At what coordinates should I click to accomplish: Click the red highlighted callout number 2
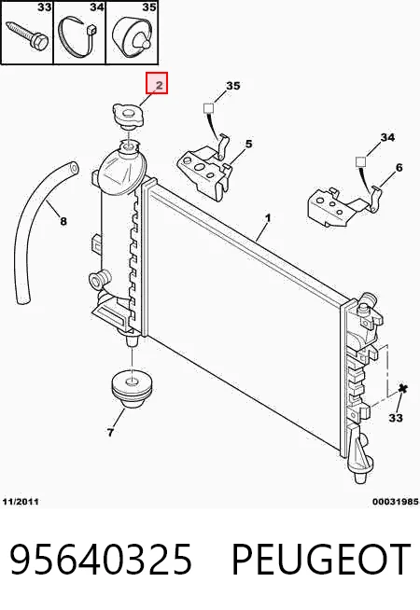(x=157, y=83)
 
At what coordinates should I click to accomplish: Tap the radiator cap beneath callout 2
(x=128, y=116)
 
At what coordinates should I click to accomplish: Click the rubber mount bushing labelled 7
(x=131, y=390)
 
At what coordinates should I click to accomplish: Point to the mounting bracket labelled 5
(x=203, y=168)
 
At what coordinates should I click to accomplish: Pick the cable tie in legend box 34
(x=77, y=37)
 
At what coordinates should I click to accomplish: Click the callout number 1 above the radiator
(x=268, y=218)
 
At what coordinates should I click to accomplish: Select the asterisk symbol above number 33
(x=403, y=389)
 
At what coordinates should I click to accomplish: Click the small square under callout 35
(x=209, y=108)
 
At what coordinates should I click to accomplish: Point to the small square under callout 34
(x=361, y=161)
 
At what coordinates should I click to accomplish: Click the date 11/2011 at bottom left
(x=21, y=502)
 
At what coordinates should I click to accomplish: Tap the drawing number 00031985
(x=396, y=502)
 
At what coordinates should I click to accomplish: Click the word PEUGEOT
(x=321, y=560)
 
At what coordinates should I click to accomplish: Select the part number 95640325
(x=101, y=560)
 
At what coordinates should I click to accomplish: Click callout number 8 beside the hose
(x=63, y=221)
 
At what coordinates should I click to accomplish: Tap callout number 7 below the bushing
(x=110, y=432)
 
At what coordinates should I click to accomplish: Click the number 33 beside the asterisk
(x=396, y=418)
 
